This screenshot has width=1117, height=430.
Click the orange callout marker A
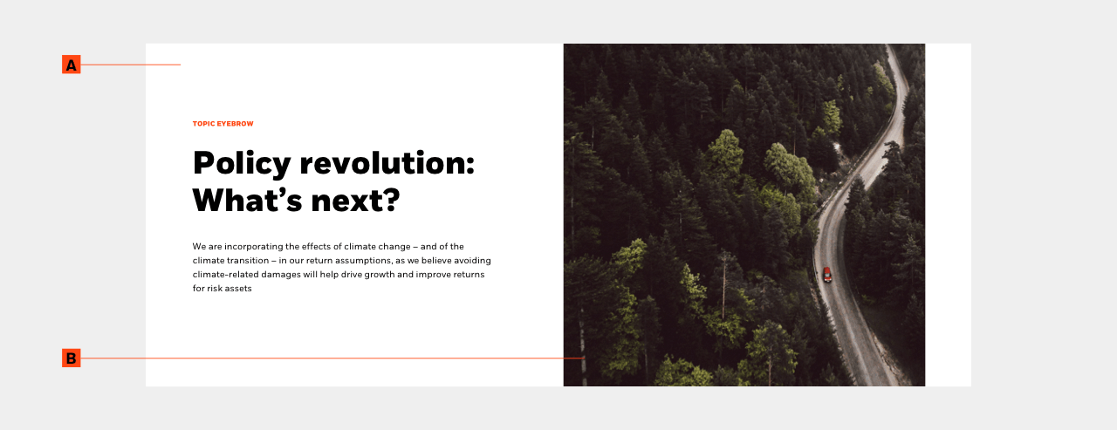pos(71,65)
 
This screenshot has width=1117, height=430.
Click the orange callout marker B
pos(71,358)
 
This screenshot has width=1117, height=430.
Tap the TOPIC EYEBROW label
pos(223,124)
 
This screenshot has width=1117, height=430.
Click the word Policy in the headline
pos(242,164)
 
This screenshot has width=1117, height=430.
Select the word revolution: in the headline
pos(387,162)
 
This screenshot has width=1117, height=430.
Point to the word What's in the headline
pos(247,200)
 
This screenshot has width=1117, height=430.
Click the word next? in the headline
pos(355,201)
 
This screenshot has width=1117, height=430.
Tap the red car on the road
pos(826,274)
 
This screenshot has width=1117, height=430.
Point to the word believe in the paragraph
pos(436,260)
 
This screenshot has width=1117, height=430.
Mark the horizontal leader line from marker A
pos(130,65)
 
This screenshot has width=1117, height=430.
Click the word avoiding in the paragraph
pos(472,261)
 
